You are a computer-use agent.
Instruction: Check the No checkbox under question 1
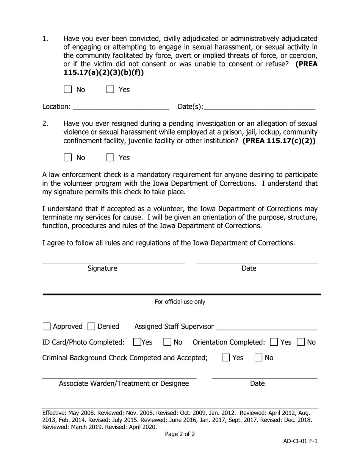pyautogui.click(x=68, y=89)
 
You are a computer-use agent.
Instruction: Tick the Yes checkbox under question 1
pyautogui.click(x=110, y=89)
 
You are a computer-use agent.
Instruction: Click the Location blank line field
pyautogui.click(x=121, y=107)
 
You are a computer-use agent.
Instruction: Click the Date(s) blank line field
pyautogui.click(x=259, y=107)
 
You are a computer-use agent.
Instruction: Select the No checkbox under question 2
pyautogui.click(x=68, y=158)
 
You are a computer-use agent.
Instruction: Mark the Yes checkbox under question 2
pyautogui.click(x=110, y=158)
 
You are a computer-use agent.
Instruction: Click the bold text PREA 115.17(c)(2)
pyautogui.click(x=279, y=141)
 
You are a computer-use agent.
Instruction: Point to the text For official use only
pyautogui.click(x=180, y=302)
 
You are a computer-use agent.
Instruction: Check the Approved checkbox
pyautogui.click(x=47, y=327)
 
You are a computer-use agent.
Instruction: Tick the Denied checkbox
pyautogui.click(x=91, y=327)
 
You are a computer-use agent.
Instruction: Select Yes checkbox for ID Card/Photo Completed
pyautogui.click(x=138, y=342)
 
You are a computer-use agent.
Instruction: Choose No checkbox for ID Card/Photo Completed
pyautogui.click(x=167, y=342)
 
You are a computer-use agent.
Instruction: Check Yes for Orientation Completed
pyautogui.click(x=274, y=342)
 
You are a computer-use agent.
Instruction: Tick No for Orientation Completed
pyautogui.click(x=301, y=342)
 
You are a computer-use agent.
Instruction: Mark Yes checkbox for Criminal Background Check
pyautogui.click(x=226, y=358)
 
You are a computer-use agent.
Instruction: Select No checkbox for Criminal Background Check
pyautogui.click(x=259, y=358)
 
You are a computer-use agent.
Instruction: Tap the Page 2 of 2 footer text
pyautogui.click(x=180, y=434)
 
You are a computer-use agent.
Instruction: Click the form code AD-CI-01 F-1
pyautogui.click(x=300, y=441)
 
